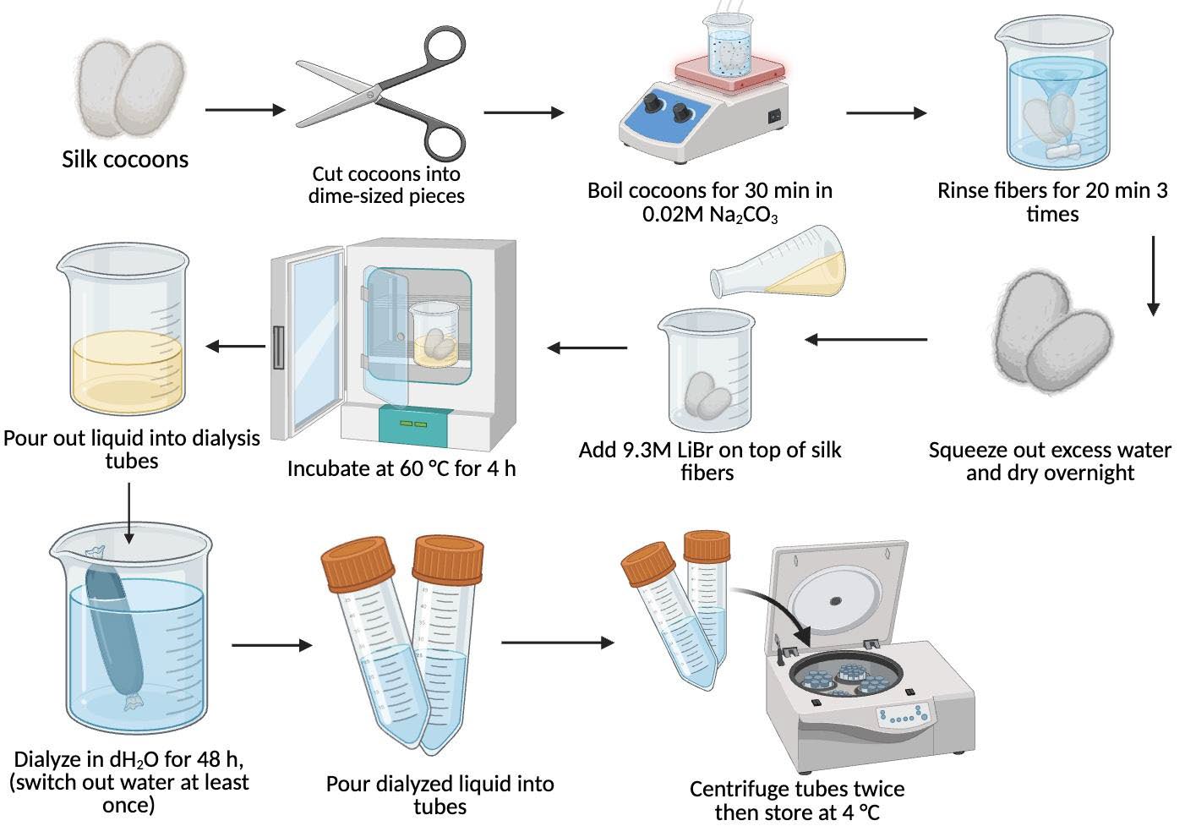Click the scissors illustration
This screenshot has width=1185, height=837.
pyautogui.click(x=380, y=94)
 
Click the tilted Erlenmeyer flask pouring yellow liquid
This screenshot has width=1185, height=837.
pyautogui.click(x=778, y=262)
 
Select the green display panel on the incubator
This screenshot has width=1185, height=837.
pyautogui.click(x=413, y=424)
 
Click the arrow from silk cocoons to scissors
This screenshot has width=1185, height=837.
pyautogui.click(x=245, y=110)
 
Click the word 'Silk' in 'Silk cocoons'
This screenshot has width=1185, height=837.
pyautogui.click(x=80, y=159)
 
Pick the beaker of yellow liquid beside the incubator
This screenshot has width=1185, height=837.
pyautogui.click(x=123, y=329)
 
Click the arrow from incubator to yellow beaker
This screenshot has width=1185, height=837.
pyautogui.click(x=236, y=347)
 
